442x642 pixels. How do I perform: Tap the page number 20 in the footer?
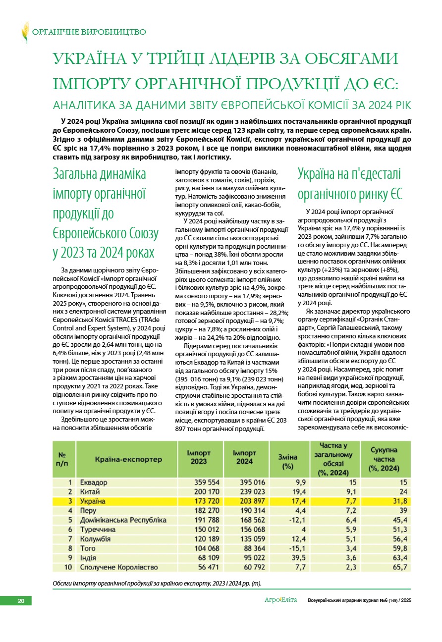point(21,601)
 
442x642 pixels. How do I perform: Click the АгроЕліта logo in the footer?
point(280,600)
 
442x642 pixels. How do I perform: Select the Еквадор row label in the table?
point(94,482)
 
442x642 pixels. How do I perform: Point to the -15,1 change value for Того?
point(296,548)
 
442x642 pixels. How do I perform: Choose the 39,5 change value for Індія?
point(297,558)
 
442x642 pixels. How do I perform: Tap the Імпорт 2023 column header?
point(199,457)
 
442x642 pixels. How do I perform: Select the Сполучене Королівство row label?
point(119,567)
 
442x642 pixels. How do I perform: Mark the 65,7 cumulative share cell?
point(398,567)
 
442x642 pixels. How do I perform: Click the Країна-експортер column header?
point(128,459)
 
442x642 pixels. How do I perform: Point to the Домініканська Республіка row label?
point(123,520)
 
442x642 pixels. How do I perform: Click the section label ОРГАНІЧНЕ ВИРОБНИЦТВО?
point(89,32)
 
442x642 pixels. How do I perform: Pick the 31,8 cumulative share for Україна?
point(398,501)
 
